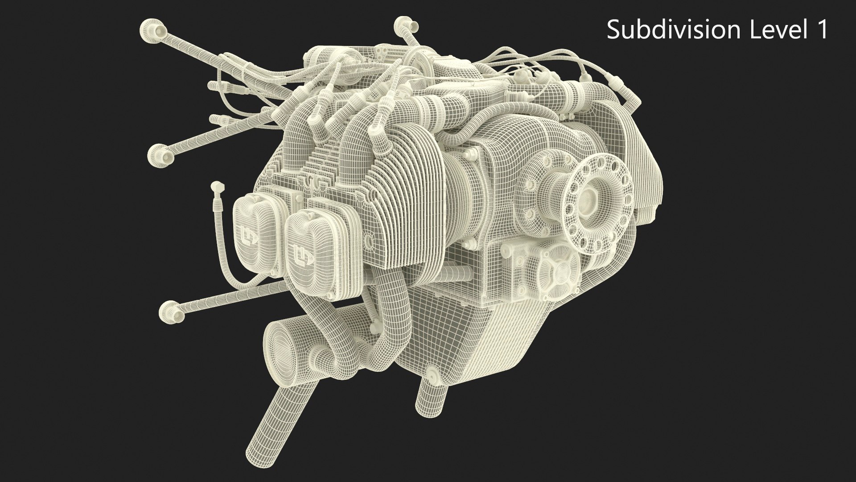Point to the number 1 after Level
click(x=822, y=30)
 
